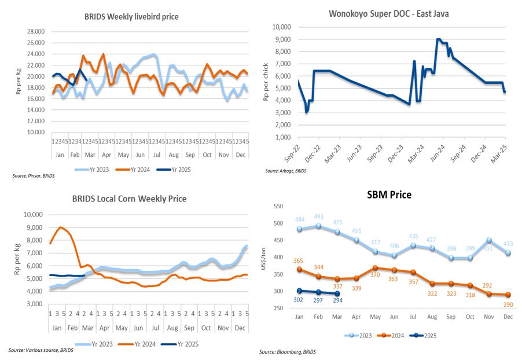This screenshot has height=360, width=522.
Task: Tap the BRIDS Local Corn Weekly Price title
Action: (129, 199)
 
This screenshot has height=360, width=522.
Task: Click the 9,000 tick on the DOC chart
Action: (280, 39)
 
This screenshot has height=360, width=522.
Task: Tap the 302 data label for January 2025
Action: (299, 300)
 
